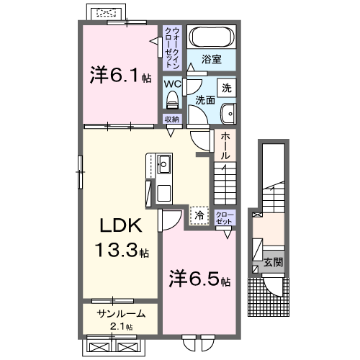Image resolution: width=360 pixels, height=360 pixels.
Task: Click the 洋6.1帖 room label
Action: point(119,75)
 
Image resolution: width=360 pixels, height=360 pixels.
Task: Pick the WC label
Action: point(171,84)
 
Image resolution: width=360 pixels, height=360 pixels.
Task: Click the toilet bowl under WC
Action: point(172,99)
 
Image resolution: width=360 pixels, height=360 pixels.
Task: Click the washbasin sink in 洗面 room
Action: point(228,113)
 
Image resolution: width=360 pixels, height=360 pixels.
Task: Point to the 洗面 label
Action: point(204,101)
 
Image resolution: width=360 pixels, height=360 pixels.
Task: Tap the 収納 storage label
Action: point(171,120)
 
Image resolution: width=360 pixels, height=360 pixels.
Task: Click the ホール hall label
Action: point(225,145)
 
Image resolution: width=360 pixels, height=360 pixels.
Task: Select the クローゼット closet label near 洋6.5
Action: point(224,218)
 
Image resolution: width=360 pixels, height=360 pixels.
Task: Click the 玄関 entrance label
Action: point(272,262)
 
